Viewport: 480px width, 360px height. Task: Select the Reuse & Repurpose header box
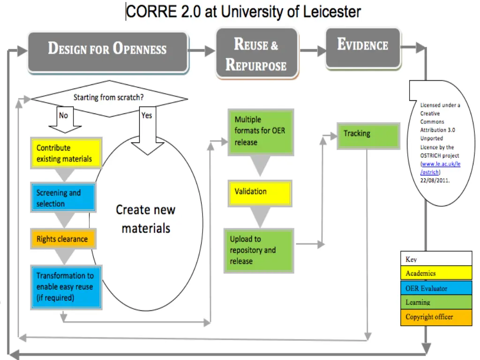(x=256, y=53)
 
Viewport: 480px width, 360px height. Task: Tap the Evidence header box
(x=363, y=47)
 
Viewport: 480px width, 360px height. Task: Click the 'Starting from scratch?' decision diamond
(x=109, y=98)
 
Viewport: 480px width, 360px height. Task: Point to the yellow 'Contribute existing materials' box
(x=66, y=153)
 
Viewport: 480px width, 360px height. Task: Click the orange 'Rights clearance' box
(x=63, y=239)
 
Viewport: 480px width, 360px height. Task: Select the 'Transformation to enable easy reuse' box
(x=66, y=287)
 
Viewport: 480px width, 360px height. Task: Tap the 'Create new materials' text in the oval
(x=145, y=218)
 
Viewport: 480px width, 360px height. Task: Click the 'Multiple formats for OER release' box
(x=260, y=131)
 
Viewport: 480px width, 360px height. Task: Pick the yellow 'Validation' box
(x=259, y=193)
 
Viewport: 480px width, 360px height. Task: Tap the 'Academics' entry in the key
(x=436, y=273)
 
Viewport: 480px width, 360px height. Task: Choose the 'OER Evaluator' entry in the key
(x=436, y=288)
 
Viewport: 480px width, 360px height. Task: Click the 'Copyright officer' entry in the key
(x=436, y=317)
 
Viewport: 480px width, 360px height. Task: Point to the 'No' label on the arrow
(x=63, y=115)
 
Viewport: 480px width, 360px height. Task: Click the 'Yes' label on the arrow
(x=147, y=115)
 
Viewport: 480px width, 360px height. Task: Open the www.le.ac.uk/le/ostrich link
(x=441, y=168)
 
